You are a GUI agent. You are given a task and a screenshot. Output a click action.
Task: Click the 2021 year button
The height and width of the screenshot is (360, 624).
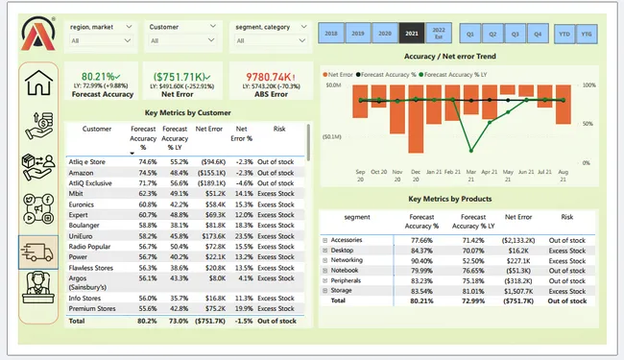pos(412,33)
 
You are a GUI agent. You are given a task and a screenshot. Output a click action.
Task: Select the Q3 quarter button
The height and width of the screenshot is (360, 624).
pos(514,33)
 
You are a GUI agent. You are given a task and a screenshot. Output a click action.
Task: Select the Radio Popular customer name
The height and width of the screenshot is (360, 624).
pos(90,245)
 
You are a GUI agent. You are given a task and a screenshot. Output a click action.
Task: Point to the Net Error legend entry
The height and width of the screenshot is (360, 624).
pos(342,73)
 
